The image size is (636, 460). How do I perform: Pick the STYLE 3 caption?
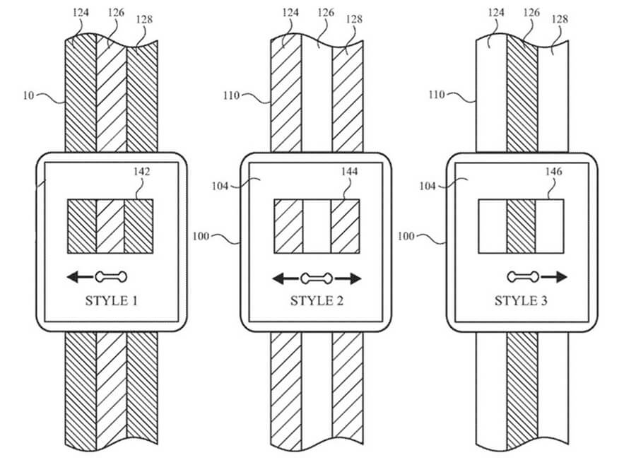[522, 301]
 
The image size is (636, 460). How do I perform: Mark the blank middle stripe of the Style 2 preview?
[317, 225]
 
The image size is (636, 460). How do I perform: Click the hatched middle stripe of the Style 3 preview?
[521, 225]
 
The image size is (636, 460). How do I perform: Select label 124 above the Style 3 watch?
[497, 12]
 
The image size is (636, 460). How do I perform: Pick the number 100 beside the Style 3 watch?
[406, 235]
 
